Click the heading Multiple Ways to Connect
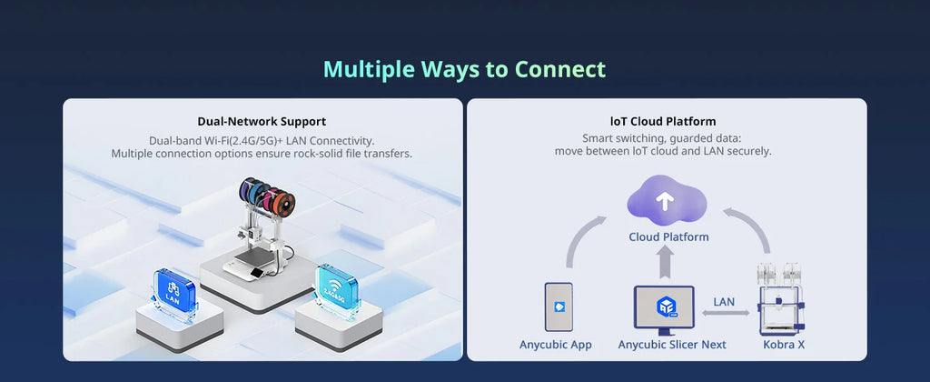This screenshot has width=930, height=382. (x=464, y=69)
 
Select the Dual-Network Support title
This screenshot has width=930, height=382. (x=262, y=122)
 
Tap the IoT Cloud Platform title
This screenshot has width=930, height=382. (x=663, y=122)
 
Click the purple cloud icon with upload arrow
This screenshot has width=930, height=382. (x=667, y=200)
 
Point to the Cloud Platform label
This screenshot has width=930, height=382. (x=668, y=237)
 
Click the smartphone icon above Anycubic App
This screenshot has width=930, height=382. (x=559, y=307)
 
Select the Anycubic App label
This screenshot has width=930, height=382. (x=556, y=345)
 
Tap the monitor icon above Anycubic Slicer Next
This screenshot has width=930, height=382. (x=664, y=310)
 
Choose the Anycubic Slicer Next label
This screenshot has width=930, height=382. (x=672, y=345)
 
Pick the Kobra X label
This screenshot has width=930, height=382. (x=784, y=345)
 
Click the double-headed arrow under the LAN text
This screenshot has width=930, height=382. (x=726, y=313)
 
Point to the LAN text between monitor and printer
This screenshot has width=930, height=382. (x=724, y=302)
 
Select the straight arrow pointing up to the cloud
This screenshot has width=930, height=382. (x=666, y=262)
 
